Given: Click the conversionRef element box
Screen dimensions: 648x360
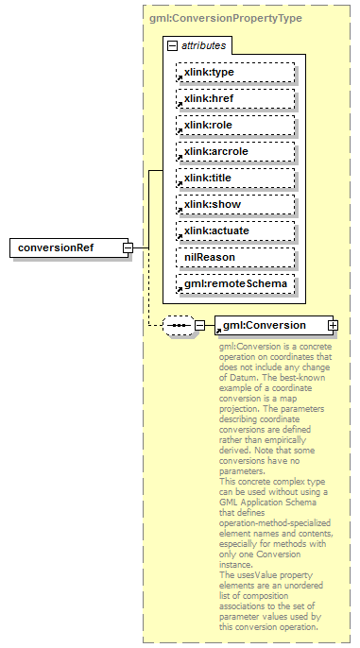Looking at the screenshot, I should [67, 247].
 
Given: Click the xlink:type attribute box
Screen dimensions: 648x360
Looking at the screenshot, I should [234, 72].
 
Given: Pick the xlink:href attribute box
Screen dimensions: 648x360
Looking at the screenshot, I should [234, 98].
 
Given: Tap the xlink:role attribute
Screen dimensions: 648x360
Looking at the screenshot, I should [234, 125].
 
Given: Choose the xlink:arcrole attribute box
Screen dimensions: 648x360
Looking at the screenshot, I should [234, 151].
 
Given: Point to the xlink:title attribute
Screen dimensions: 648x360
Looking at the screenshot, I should [234, 178].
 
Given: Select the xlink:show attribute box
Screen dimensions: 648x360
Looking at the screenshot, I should [234, 204].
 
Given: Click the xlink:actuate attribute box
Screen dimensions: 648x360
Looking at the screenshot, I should [234, 230].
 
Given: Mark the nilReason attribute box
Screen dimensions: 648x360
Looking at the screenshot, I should [234, 257].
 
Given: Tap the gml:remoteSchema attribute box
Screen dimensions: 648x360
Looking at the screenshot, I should [234, 283].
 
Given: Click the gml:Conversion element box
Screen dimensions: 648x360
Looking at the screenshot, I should [269, 325].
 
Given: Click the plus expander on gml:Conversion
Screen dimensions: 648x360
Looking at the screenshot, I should [333, 325].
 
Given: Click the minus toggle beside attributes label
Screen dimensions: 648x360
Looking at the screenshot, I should [172, 45].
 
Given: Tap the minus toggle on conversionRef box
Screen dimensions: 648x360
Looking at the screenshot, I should [128, 247].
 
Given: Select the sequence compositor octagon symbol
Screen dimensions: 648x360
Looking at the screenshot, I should [178, 326].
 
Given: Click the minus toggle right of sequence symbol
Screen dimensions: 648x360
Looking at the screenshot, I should [199, 326].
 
